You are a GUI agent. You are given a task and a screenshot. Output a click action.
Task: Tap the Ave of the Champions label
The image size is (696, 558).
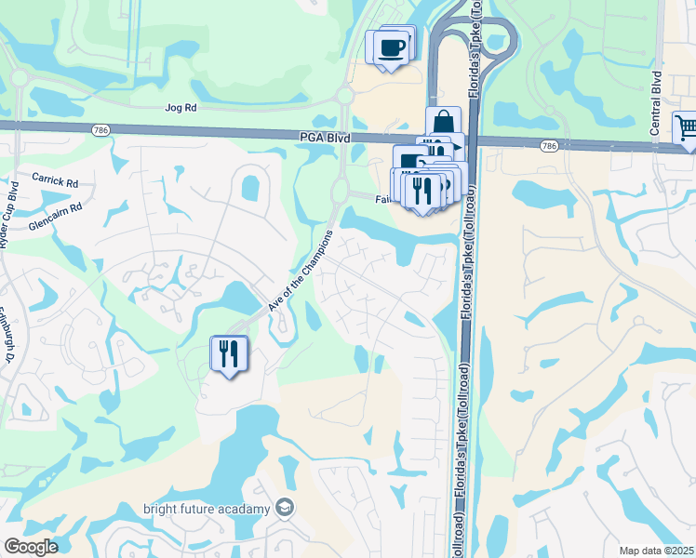(x=300, y=271)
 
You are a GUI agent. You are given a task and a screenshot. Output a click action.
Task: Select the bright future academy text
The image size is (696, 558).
(x=207, y=509)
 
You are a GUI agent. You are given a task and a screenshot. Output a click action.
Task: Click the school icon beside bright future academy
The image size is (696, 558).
(x=285, y=508)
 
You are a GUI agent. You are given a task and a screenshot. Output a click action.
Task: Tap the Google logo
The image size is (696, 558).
(x=31, y=547)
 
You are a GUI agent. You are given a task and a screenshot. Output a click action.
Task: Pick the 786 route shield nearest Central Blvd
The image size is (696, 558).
(x=549, y=146)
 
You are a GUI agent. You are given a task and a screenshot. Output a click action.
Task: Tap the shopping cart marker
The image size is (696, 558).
(x=686, y=128)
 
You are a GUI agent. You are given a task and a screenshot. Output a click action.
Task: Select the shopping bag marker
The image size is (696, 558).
(x=444, y=122)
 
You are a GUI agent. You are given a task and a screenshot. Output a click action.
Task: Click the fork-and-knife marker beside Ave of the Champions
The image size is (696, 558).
(x=229, y=353)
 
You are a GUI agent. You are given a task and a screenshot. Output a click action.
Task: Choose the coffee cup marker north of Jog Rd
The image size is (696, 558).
(x=392, y=46)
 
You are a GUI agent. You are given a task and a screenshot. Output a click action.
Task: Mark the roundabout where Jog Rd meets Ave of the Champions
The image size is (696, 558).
(x=344, y=95)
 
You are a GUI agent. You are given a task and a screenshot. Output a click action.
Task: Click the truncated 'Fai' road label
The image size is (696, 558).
(x=381, y=199)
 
